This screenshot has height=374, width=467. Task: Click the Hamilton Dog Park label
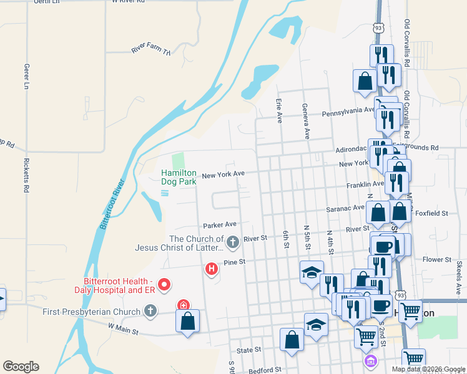179,177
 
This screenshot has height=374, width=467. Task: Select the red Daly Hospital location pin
165,285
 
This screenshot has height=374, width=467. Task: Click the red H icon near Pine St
212,269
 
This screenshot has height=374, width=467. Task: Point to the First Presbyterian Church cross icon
150,310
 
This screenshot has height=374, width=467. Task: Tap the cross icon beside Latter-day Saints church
233,241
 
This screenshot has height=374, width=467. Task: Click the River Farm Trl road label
150,50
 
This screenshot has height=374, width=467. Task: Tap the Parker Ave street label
219,224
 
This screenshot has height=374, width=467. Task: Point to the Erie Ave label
278,108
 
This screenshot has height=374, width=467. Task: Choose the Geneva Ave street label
306,122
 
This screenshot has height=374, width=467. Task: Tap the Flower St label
436,259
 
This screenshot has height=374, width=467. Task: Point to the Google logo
21,367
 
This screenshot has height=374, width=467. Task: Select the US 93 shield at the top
378,29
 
